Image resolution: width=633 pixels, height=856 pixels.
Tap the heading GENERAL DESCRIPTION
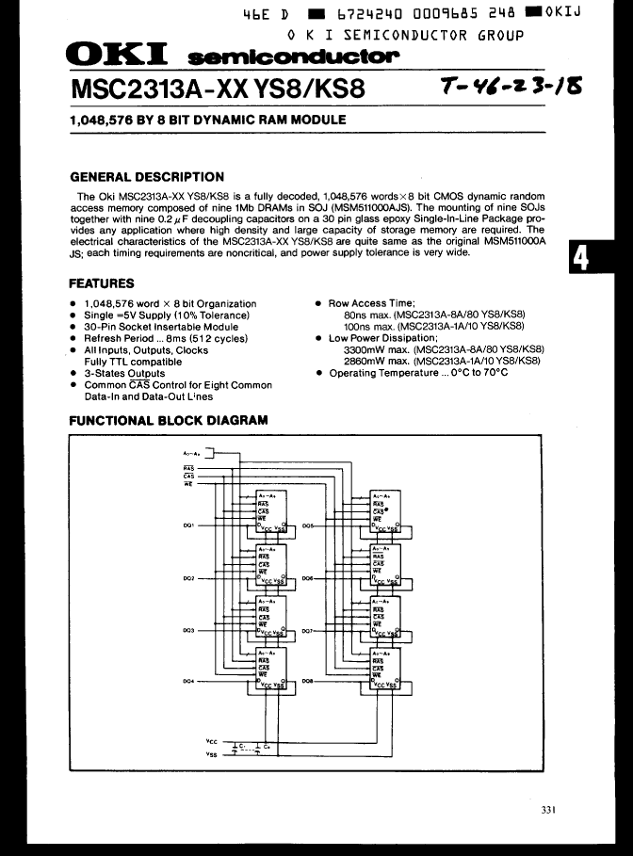(x=147, y=176)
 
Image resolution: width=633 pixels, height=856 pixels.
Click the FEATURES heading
(x=102, y=283)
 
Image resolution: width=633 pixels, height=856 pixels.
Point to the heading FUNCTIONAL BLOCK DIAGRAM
(x=169, y=421)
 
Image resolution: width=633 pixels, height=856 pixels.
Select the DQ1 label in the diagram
(x=188, y=526)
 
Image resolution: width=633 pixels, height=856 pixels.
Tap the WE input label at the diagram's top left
(x=188, y=484)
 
